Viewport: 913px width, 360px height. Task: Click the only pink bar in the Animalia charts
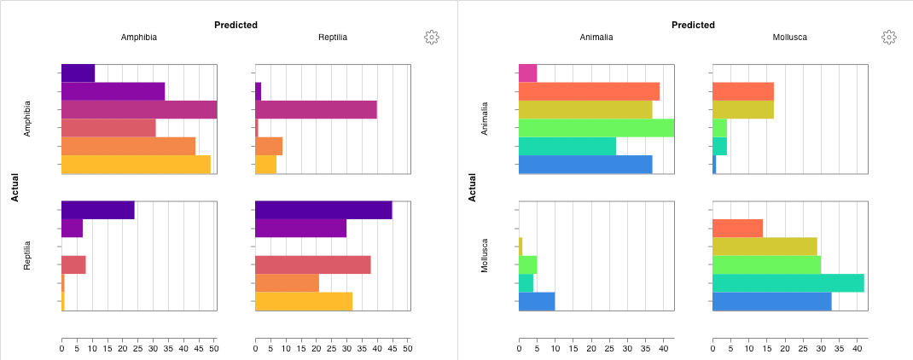click(527, 73)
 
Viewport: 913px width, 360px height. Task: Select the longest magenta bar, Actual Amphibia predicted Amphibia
click(138, 109)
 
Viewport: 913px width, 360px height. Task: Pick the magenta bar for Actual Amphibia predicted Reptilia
click(316, 109)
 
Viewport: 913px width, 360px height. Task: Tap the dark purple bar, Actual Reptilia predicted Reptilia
click(323, 210)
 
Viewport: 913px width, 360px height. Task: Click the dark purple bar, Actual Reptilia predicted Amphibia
click(98, 210)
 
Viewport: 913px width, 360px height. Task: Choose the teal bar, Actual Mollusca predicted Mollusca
click(788, 283)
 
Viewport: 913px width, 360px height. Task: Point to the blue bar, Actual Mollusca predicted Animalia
click(537, 301)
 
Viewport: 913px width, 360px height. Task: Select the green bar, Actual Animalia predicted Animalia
click(596, 128)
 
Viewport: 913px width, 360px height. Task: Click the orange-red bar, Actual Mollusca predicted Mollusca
click(737, 228)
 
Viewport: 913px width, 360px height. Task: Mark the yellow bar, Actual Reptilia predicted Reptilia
click(304, 301)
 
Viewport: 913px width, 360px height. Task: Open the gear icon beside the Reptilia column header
click(431, 37)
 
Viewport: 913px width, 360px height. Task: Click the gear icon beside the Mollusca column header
click(888, 37)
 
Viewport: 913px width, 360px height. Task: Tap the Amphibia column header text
click(138, 38)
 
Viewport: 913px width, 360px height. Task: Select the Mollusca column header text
click(789, 38)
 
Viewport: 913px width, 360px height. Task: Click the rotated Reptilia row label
click(27, 255)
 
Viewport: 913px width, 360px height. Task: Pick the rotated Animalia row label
click(485, 119)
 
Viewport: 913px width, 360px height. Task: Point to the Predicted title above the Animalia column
click(693, 25)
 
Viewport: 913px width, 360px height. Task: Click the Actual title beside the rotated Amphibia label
click(15, 188)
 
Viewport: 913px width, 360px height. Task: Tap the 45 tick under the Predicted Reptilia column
click(393, 348)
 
